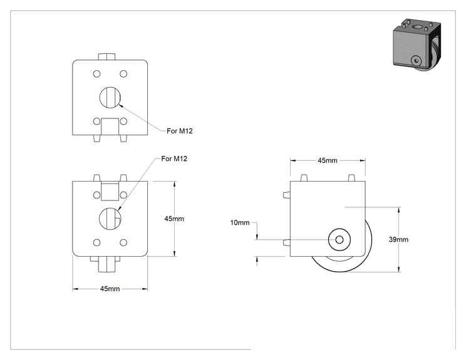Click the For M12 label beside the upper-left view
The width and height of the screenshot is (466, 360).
point(180,131)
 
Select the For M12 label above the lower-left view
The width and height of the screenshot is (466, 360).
point(174,158)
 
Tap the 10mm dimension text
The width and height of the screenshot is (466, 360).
point(240,222)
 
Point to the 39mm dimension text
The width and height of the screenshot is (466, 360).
point(398,239)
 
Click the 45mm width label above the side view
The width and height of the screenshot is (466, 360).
point(328,160)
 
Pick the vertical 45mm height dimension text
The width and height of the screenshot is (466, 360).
point(174,219)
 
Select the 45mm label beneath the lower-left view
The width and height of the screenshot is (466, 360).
point(110,289)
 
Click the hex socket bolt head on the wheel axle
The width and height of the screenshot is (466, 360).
point(339,239)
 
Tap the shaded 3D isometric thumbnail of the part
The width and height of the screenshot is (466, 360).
point(417,45)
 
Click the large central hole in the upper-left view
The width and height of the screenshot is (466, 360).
point(110,98)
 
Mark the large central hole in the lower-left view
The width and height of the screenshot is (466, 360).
point(110,219)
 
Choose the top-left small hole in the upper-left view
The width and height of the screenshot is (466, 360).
point(96,74)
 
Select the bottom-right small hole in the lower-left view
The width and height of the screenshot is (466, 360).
point(123,242)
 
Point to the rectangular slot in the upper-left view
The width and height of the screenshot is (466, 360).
point(110,126)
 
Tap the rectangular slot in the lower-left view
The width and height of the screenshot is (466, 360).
point(110,192)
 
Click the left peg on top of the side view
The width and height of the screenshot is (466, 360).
point(303,178)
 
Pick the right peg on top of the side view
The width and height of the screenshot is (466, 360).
point(351,178)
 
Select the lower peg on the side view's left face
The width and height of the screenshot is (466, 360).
point(286,242)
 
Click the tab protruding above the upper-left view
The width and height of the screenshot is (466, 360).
point(106,57)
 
